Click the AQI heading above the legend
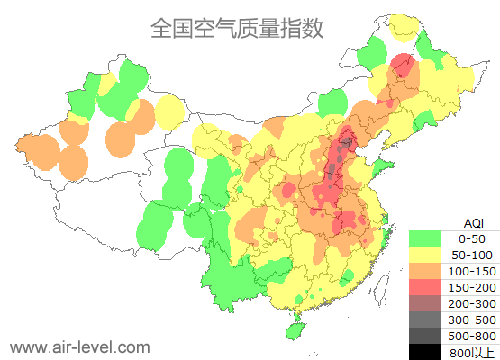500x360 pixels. [x=472, y=222]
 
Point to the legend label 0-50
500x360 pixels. [x=472, y=238]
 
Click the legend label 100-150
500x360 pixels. [x=472, y=270]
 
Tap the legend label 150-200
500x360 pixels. [x=472, y=286]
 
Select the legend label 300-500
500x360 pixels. [x=472, y=319]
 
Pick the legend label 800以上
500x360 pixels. [x=472, y=351]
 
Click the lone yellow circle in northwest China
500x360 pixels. [x=169, y=113]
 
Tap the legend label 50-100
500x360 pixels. [x=472, y=255]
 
